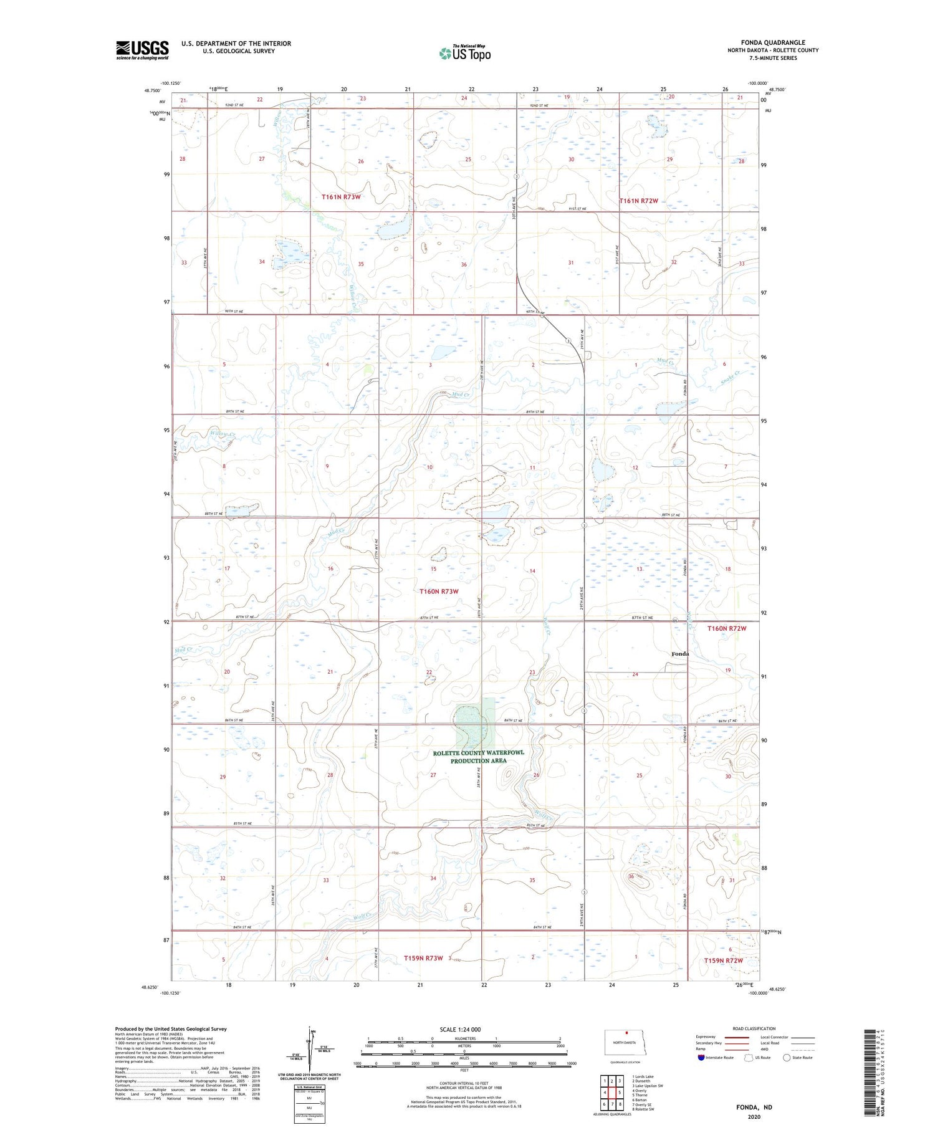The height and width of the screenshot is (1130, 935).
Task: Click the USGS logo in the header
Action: [142, 50]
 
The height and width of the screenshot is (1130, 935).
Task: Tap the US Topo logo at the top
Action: [464, 53]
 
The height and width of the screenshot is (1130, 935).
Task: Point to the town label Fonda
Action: [679, 654]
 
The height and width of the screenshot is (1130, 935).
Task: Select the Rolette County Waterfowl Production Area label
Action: [478, 757]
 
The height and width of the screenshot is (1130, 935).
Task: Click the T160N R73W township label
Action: [438, 591]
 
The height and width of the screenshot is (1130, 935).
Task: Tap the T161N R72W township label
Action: [638, 201]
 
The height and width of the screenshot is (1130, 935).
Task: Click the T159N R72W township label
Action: [723, 960]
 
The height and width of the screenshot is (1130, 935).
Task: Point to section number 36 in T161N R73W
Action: [464, 265]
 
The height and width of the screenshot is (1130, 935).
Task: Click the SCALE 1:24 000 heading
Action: [461, 1029]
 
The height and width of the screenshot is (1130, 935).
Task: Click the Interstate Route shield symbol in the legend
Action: [701, 1057]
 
